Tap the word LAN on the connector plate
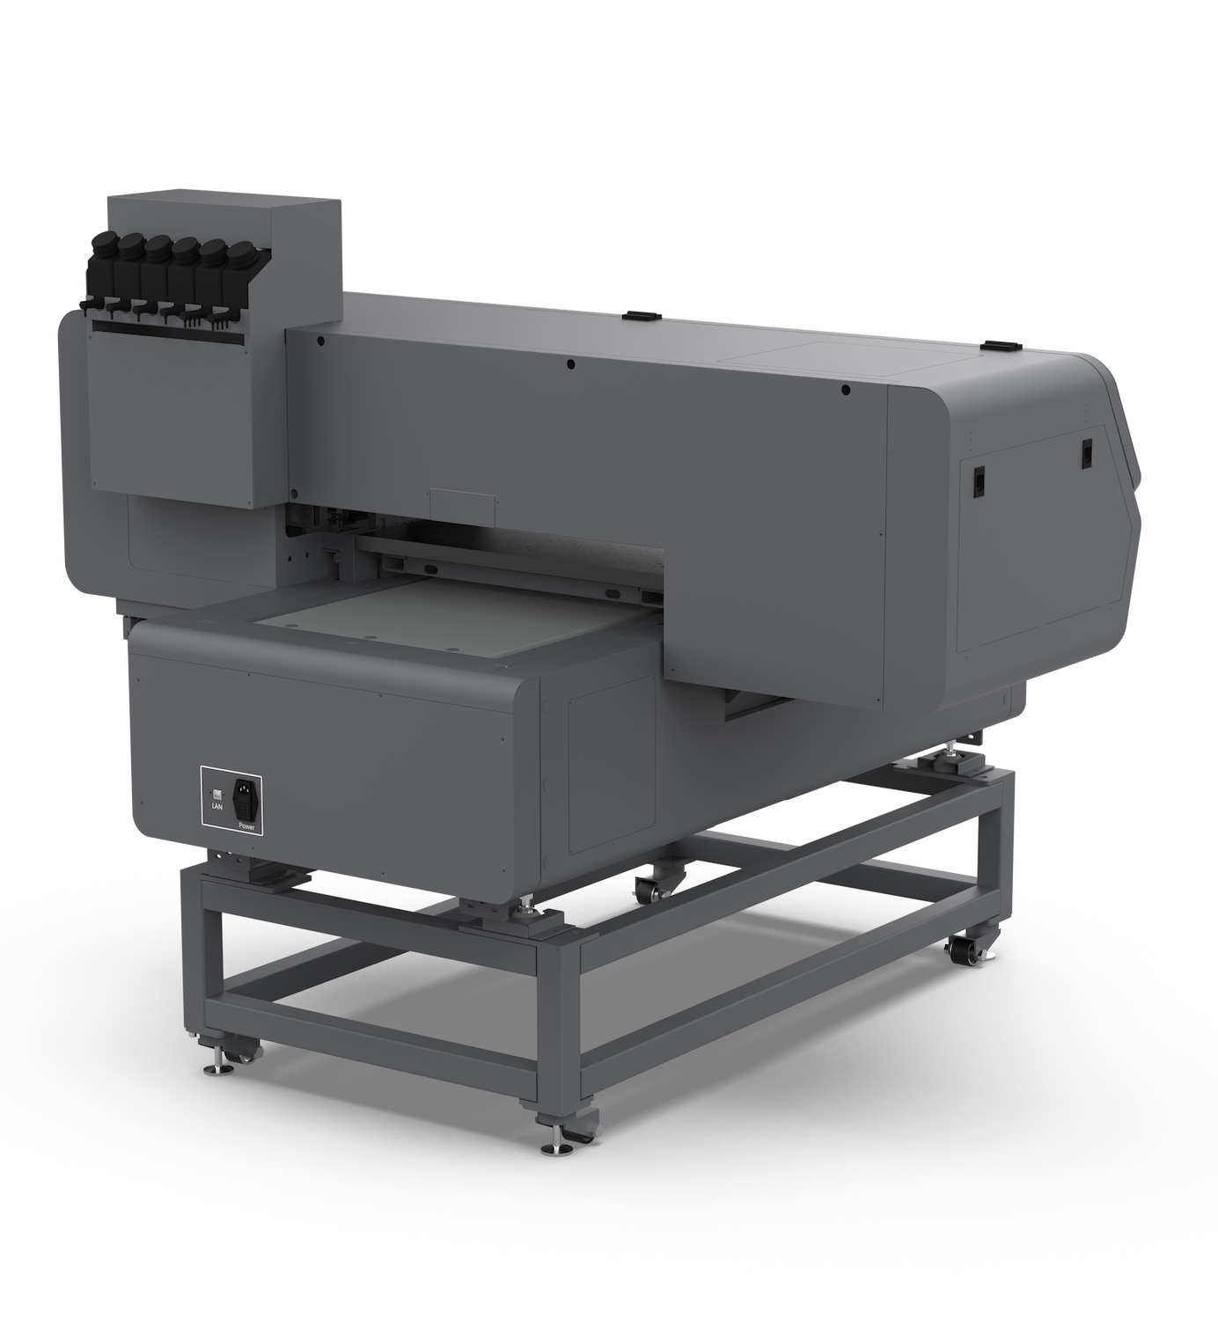[217, 806]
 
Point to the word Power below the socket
[246, 826]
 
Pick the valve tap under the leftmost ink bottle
[88, 305]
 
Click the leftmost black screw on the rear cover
[320, 341]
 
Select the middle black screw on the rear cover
[570, 364]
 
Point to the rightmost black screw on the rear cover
[846, 390]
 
